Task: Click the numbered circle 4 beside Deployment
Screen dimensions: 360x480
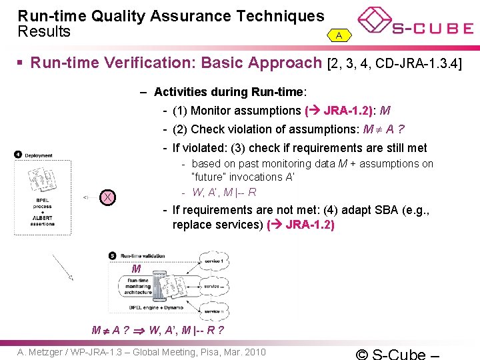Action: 18,155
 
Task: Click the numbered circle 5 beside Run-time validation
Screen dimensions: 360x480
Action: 112,255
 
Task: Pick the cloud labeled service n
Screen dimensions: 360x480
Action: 214,311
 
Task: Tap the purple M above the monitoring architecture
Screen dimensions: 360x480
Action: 136,269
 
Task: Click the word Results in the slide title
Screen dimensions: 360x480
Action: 43,31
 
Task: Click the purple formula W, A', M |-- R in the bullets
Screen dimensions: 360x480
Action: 224,193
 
